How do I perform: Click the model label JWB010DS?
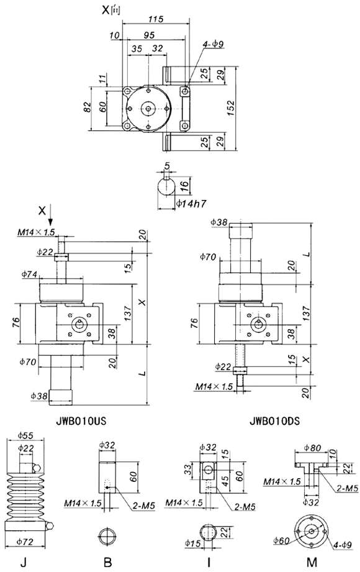point(274,420)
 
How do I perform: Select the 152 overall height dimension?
point(230,107)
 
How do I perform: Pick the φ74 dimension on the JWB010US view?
point(29,273)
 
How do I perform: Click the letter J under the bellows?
point(23,563)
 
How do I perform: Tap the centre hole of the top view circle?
point(149,108)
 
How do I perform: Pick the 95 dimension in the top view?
point(148,35)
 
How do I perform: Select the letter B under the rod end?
point(107,563)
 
